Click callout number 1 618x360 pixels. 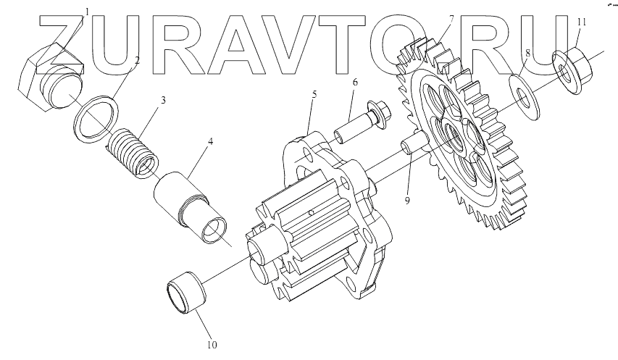[x=88, y=12]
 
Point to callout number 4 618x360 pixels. [x=210, y=141]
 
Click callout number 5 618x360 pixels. [x=314, y=95]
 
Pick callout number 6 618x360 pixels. [x=355, y=83]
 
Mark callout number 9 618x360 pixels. [x=407, y=200]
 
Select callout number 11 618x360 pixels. [x=580, y=22]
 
